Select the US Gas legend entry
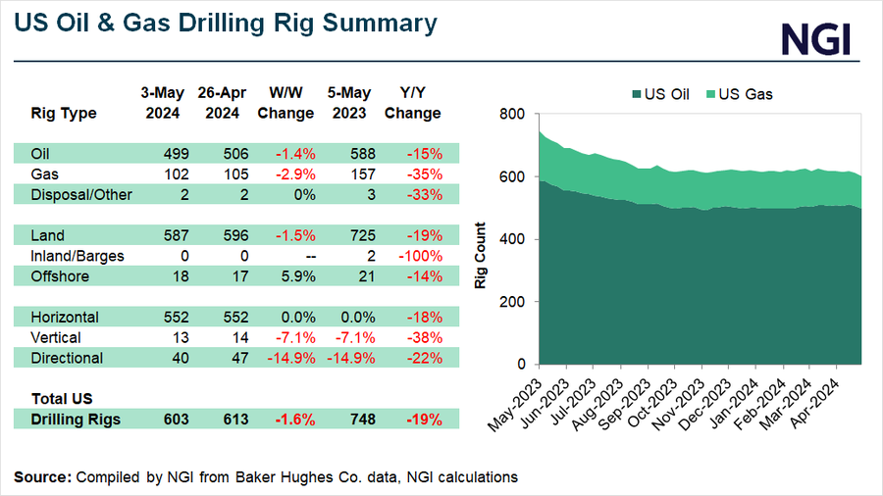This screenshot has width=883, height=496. pyautogui.click(x=744, y=94)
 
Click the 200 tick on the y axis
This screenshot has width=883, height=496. pyautogui.click(x=513, y=302)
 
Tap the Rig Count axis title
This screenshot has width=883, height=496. pyautogui.click(x=481, y=239)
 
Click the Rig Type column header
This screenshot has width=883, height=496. pyautogui.click(x=64, y=113)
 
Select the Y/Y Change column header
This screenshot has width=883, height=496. pyautogui.click(x=413, y=103)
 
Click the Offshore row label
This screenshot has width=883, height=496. pyautogui.click(x=60, y=277)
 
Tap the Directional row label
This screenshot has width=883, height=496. pyautogui.click(x=66, y=359)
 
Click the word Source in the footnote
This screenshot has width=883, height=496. pyautogui.click(x=41, y=476)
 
